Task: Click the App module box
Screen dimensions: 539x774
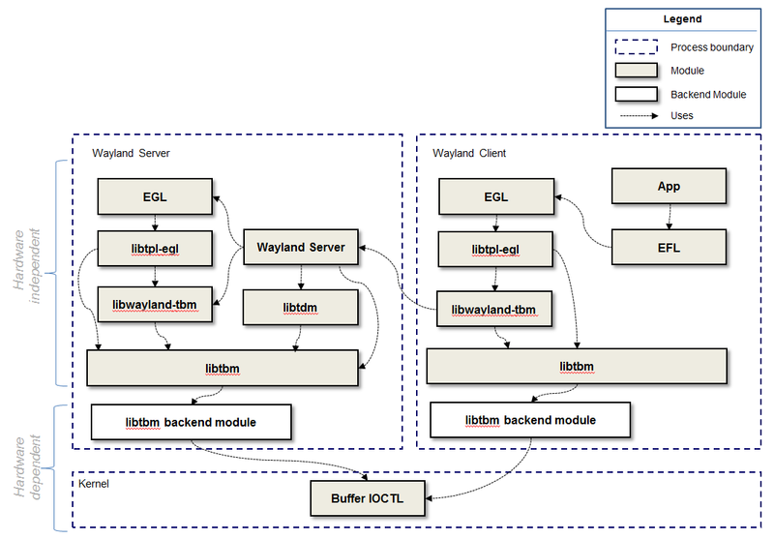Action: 669,186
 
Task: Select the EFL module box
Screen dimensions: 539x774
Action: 669,247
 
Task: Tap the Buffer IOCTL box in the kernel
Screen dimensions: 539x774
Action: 365,498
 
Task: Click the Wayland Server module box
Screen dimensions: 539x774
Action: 300,247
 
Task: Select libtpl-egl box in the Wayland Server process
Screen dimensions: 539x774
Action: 155,248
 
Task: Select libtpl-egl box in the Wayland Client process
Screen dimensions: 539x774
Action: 495,248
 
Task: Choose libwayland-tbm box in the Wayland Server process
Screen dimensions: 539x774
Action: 155,306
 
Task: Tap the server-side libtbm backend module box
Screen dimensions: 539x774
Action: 191,422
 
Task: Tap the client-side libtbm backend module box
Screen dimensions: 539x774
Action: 530,420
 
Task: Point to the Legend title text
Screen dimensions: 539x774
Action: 682,19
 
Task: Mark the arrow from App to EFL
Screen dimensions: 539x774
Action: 669,217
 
